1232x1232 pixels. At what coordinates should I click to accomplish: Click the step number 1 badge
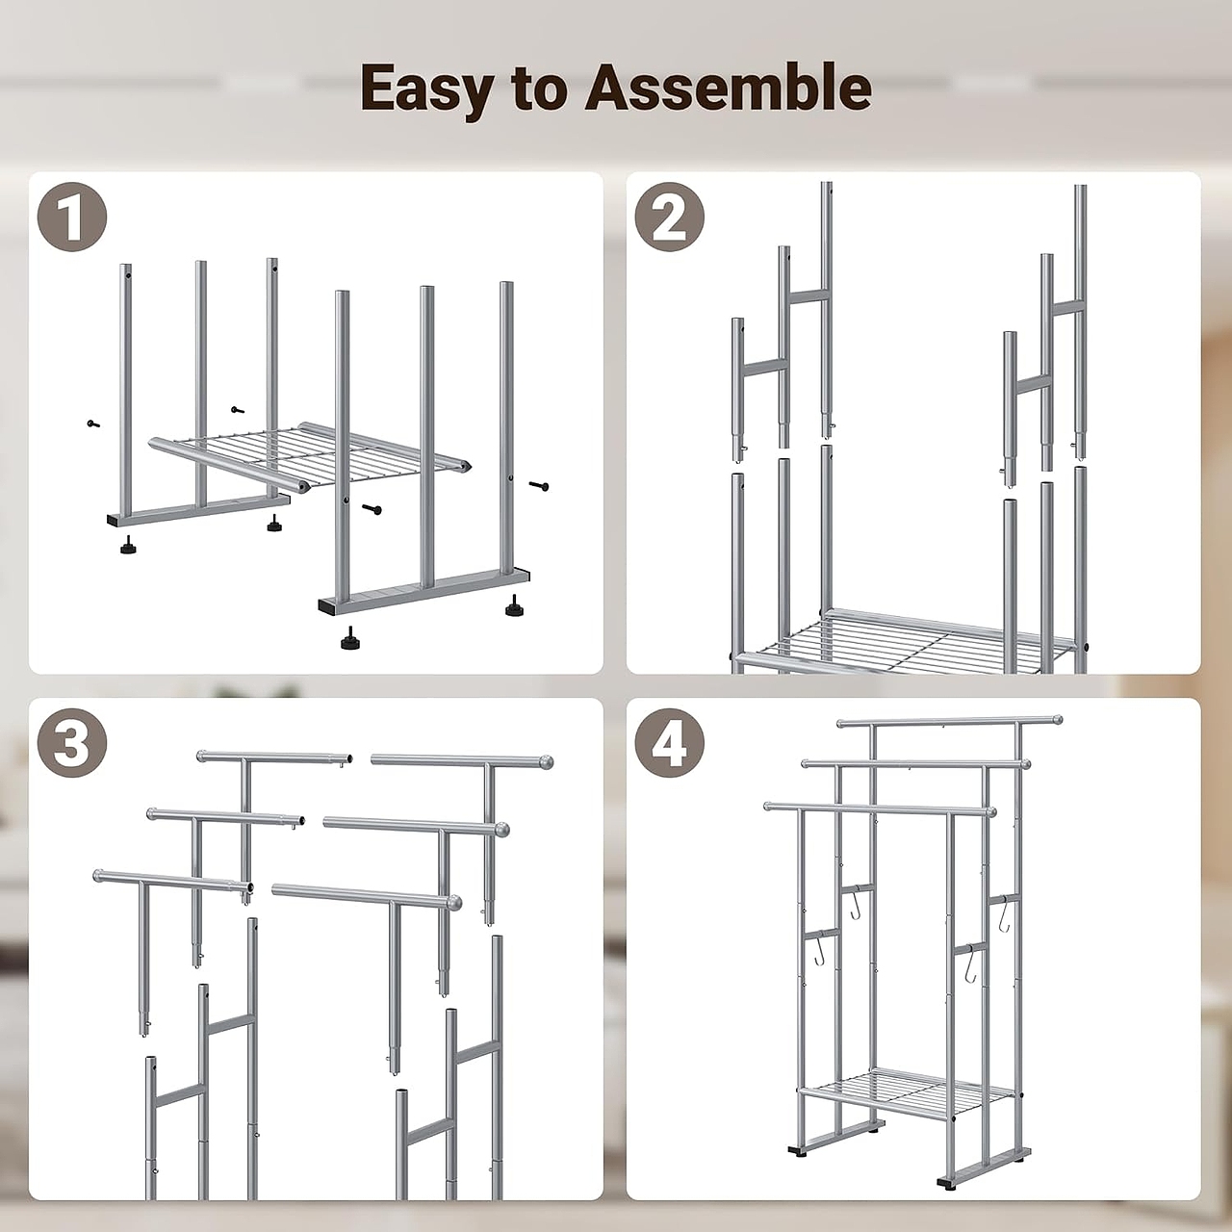(x=72, y=217)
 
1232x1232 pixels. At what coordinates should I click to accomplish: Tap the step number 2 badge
(x=669, y=217)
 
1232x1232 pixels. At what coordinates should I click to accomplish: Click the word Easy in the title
(x=427, y=90)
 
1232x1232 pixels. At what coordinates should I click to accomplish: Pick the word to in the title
(x=540, y=89)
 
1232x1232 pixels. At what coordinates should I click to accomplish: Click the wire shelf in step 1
(x=310, y=456)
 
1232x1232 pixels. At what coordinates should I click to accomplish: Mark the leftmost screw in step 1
(x=93, y=423)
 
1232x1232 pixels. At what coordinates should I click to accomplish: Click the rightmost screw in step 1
(x=539, y=486)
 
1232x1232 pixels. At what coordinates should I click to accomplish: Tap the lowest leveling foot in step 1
(x=349, y=639)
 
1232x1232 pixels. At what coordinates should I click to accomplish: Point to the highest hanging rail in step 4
(x=949, y=722)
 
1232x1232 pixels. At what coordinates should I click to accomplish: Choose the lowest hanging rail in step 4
(x=881, y=808)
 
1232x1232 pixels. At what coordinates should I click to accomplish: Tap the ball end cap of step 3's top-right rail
(x=546, y=762)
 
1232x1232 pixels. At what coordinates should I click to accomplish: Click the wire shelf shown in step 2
(x=908, y=641)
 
